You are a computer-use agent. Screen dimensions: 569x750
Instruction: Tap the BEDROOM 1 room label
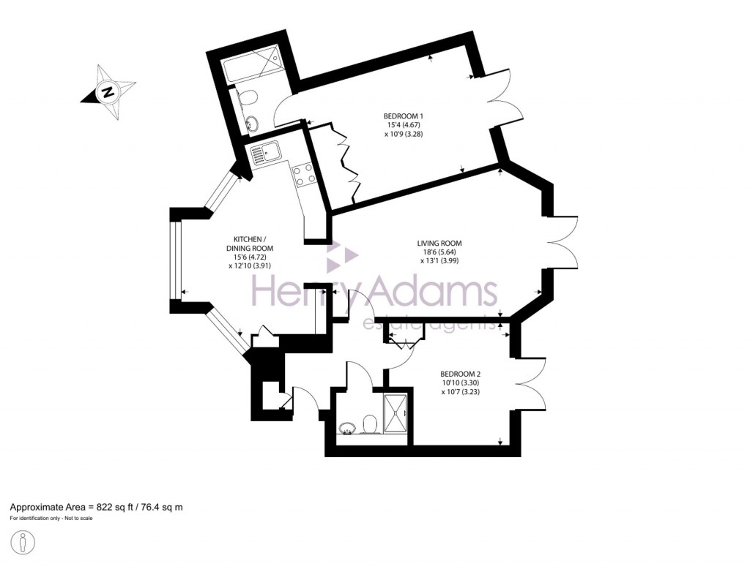point(404,116)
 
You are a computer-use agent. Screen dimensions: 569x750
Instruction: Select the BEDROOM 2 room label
point(460,373)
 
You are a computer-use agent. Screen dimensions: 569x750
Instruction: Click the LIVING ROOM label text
point(439,244)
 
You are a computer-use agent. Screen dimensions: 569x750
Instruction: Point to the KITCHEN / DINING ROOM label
point(250,244)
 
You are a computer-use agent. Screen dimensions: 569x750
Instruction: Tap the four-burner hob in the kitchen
point(304,174)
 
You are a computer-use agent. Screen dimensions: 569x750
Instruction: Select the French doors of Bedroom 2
point(532,385)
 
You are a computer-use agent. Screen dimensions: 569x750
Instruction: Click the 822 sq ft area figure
point(110,507)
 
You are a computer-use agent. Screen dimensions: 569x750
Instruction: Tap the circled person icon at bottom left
point(23,543)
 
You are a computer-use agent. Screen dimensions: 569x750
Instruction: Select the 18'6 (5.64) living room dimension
point(439,252)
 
